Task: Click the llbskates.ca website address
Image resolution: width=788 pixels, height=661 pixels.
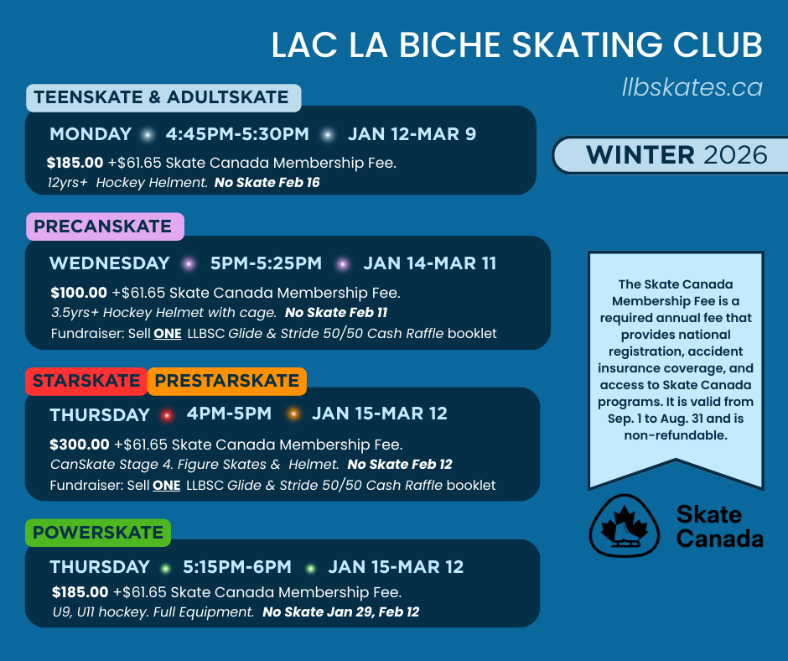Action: tap(692, 86)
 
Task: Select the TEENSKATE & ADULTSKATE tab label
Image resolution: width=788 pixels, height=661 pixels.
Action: tap(163, 97)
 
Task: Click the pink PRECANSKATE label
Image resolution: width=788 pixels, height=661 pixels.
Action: tap(104, 226)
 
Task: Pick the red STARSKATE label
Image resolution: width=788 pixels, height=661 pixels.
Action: tap(86, 381)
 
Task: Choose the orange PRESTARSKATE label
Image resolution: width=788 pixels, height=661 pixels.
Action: tap(226, 381)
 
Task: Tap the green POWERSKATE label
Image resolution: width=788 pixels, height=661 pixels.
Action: tap(98, 533)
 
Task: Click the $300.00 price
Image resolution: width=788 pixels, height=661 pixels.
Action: tap(80, 445)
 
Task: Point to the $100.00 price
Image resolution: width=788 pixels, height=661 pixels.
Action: tap(79, 293)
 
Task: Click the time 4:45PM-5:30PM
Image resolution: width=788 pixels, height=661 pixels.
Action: tap(237, 134)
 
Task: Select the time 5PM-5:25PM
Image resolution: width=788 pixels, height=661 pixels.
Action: tap(266, 263)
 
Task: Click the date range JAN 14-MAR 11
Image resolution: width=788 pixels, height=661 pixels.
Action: tap(429, 263)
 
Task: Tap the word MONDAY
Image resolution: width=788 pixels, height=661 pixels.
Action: tap(91, 134)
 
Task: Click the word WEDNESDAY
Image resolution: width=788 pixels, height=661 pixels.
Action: tap(110, 263)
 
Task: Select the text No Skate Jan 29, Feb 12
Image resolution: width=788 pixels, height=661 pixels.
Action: tap(340, 612)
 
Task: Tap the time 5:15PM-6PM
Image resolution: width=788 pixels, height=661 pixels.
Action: tap(237, 567)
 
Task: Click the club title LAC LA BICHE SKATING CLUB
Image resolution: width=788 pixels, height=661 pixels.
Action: tap(516, 45)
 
